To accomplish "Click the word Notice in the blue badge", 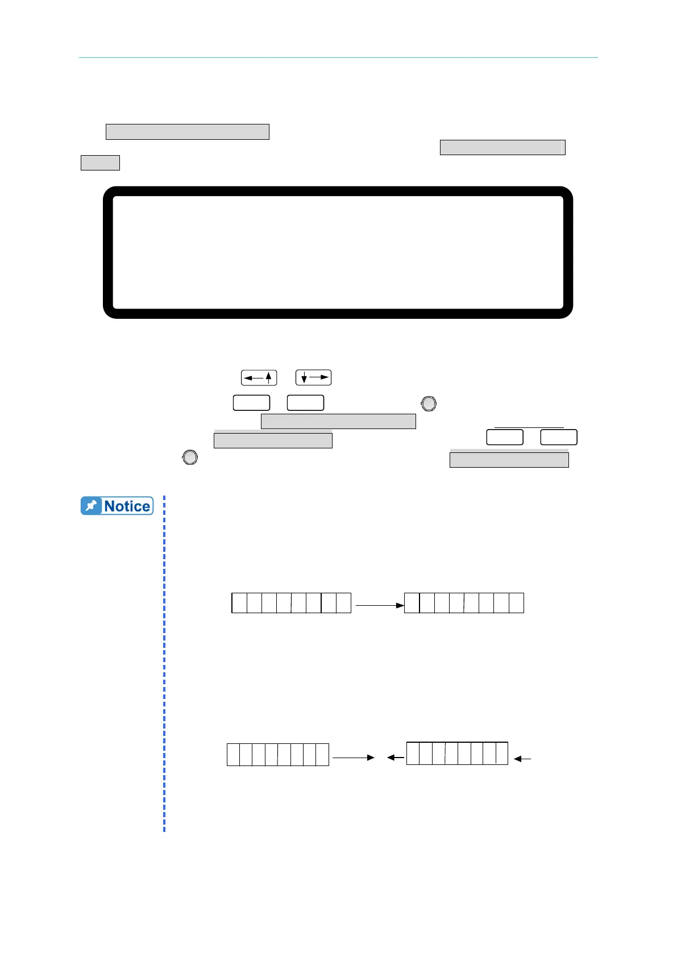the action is click(x=127, y=506).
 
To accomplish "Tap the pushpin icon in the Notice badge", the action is click(x=91, y=506).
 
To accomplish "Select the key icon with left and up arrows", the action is click(x=259, y=377).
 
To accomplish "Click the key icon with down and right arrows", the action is click(x=313, y=377).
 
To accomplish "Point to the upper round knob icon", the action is click(x=429, y=403).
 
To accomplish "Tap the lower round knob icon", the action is click(x=190, y=457).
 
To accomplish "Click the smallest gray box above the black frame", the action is click(x=100, y=163).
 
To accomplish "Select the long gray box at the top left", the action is click(x=187, y=132).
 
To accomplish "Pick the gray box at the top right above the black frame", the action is click(x=502, y=147).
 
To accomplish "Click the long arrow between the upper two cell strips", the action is click(x=379, y=605).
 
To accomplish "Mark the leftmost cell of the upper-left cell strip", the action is click(x=239, y=602).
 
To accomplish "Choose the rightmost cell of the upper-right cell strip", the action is click(x=516, y=602).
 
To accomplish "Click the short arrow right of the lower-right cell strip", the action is click(x=522, y=759).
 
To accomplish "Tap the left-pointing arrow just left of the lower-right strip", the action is click(x=396, y=757).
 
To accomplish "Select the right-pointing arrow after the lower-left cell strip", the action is click(x=353, y=757).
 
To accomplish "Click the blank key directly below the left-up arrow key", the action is click(x=251, y=403).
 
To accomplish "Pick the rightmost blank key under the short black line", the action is click(x=559, y=437).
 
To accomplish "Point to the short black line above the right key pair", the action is click(x=529, y=427).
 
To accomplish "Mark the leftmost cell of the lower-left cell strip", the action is click(x=233, y=754).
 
